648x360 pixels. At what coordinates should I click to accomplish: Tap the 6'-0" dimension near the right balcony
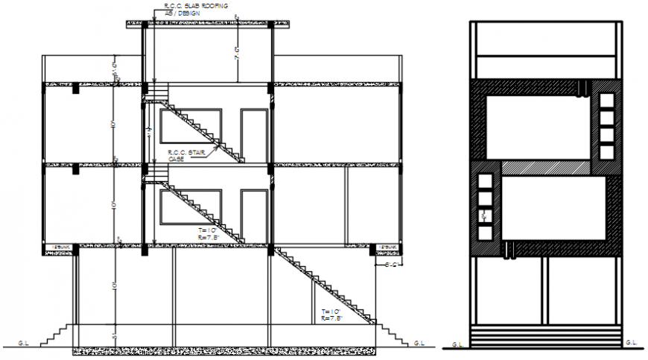[x=393, y=264]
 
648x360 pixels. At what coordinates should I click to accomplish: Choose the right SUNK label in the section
[x=387, y=247]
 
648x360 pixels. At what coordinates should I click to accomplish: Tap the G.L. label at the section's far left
[x=24, y=343]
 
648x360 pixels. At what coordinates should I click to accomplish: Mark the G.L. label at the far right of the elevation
[x=632, y=343]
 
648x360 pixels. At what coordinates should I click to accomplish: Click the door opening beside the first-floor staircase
[x=254, y=212]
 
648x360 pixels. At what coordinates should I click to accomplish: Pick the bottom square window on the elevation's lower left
[x=485, y=233]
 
